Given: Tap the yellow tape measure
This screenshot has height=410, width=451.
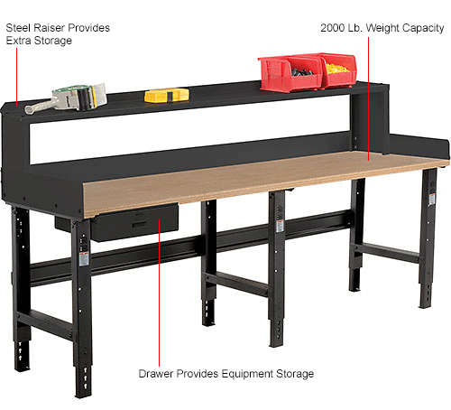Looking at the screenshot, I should (167, 94).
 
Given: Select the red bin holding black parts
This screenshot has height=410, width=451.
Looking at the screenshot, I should (289, 73).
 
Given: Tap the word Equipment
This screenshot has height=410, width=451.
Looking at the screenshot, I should (242, 372).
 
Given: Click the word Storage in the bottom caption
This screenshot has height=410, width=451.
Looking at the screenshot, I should (294, 372).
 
